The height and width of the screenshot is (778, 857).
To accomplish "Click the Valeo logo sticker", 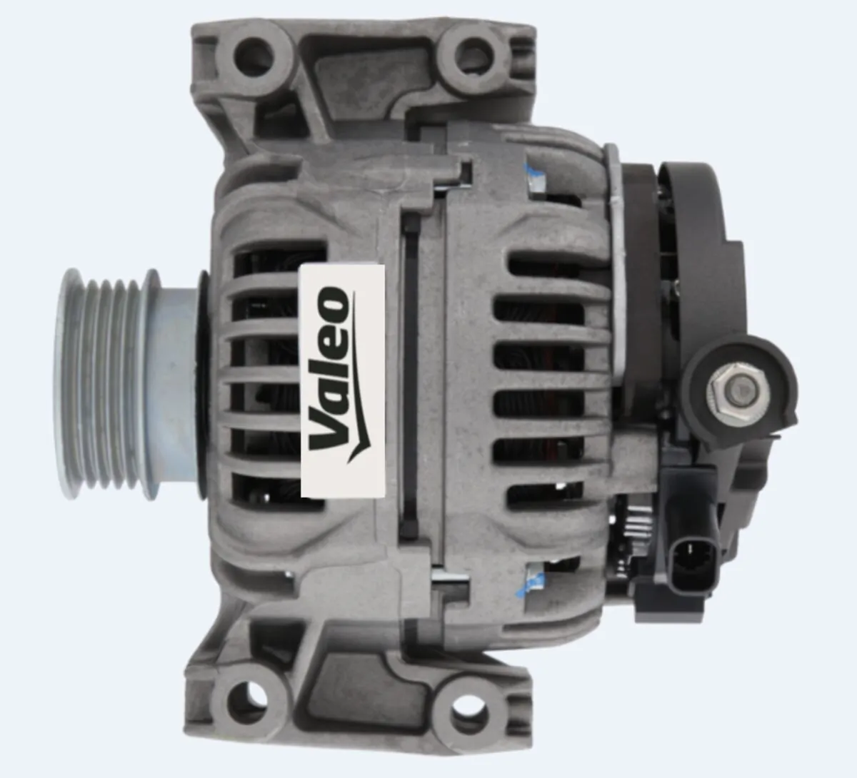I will pyautogui.click(x=343, y=380).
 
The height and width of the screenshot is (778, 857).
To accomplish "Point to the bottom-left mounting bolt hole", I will pyautogui.click(x=249, y=695).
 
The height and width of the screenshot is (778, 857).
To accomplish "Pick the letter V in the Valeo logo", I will pyautogui.click(x=331, y=427).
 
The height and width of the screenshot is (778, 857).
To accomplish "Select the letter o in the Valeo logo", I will pyautogui.click(x=333, y=303).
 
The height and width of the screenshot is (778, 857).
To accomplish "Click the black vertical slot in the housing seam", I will pyautogui.click(x=410, y=378).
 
